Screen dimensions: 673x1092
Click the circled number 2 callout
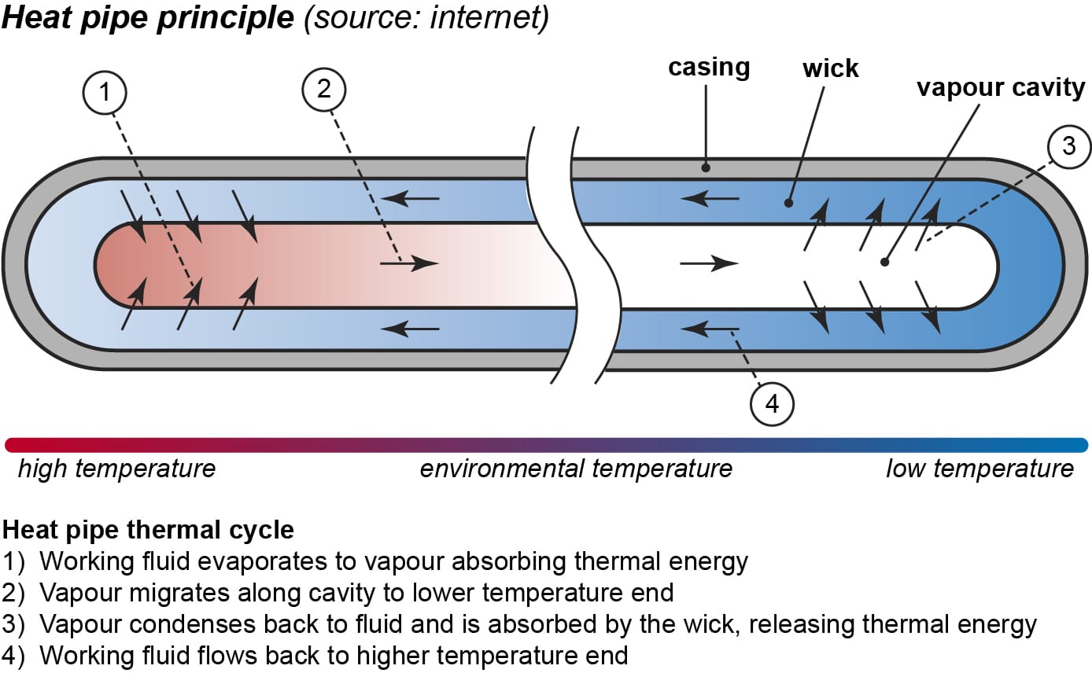[x=324, y=89]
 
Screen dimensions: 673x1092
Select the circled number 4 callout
[x=772, y=403]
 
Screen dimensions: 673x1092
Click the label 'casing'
[x=709, y=68]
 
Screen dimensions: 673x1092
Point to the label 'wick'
[x=830, y=69]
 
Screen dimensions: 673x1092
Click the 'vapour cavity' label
[x=1000, y=86]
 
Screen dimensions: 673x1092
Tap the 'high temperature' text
[x=116, y=469]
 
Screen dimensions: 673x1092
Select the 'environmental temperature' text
[x=576, y=469]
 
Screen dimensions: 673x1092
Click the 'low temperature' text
[x=979, y=469]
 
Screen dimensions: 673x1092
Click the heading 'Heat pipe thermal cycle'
[x=149, y=529]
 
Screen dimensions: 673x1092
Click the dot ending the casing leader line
[x=706, y=167]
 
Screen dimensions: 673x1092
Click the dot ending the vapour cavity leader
[x=886, y=262]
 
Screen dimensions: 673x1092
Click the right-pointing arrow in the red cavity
[x=409, y=263]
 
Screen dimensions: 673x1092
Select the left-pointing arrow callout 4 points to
[x=710, y=329]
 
